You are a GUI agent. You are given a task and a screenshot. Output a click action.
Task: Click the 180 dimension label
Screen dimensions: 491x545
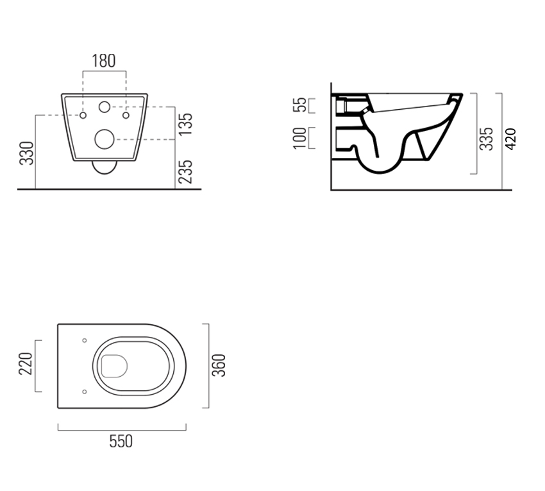point(104,61)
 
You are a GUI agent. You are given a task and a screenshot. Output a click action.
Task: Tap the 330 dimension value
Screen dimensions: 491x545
point(27,153)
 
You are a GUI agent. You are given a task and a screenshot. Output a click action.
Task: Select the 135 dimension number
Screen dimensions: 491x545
point(185,124)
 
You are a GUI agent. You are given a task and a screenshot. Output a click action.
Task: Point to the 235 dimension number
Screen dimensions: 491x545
point(185,171)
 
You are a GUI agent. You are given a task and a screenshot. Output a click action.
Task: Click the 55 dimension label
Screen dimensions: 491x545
point(299,105)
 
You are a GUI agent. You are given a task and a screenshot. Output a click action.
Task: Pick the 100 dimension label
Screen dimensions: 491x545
point(299,138)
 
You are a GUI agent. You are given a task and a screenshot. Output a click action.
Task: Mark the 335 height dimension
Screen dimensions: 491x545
point(487,139)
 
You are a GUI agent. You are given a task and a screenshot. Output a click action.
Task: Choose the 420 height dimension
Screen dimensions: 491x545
point(510,139)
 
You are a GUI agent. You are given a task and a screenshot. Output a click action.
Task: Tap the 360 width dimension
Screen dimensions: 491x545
point(219,365)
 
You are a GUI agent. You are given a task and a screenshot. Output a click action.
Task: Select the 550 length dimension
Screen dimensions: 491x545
point(121,442)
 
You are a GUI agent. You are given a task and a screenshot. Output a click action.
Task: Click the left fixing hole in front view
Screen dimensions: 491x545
point(83,116)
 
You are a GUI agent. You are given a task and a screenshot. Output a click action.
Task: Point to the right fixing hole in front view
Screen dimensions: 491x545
point(126,116)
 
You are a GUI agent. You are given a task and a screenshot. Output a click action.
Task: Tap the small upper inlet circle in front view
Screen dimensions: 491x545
point(105,107)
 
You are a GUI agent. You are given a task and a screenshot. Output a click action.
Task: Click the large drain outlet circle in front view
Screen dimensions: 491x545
point(105,138)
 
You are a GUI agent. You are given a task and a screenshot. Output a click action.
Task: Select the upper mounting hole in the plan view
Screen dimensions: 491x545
point(85,341)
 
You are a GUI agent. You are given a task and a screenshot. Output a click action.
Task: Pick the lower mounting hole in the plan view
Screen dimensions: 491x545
point(85,390)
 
